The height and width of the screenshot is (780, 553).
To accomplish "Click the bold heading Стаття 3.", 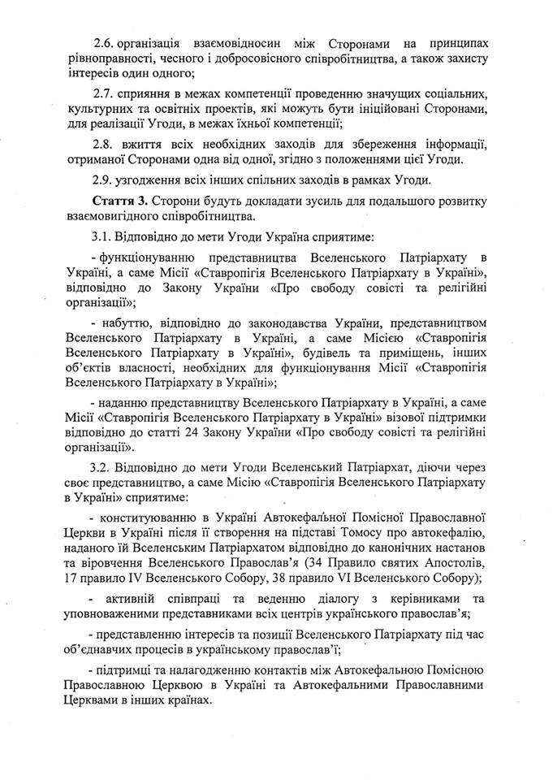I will [x=115, y=199].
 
